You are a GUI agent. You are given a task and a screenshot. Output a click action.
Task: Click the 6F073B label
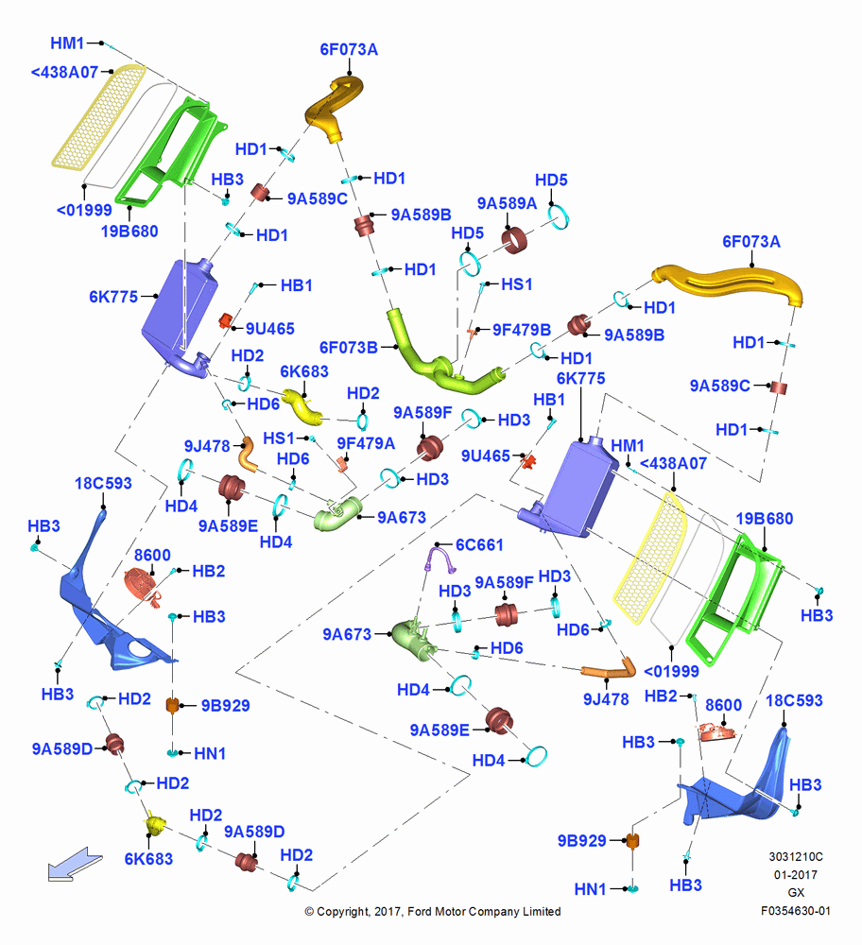[x=349, y=348]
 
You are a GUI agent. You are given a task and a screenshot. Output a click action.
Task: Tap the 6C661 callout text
[x=479, y=545]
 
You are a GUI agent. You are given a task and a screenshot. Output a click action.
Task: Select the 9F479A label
[x=366, y=443]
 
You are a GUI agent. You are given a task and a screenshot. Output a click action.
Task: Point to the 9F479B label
[x=522, y=330]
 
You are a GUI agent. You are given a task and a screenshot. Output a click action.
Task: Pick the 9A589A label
[x=507, y=204]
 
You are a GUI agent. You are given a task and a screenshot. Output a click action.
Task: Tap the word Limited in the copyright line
[x=540, y=911]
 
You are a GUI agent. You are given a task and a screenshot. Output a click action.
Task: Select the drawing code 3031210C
[x=795, y=856]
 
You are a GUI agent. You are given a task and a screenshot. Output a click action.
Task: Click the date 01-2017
[x=795, y=874]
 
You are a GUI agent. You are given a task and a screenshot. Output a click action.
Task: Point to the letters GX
[x=796, y=893]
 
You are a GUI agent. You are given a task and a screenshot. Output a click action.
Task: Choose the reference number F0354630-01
[x=795, y=911]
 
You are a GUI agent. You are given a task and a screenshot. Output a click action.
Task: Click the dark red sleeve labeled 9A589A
[x=514, y=240]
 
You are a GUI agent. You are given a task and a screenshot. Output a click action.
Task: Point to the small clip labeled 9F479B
[x=472, y=332]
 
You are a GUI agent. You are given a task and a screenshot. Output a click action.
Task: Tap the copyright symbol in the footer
[x=309, y=912]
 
